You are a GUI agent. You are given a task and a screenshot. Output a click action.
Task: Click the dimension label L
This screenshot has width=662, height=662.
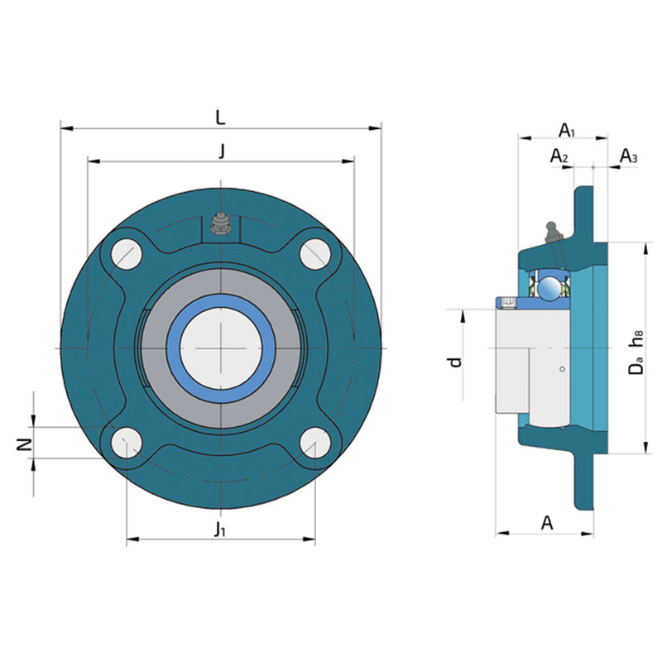pyautogui.click(x=220, y=118)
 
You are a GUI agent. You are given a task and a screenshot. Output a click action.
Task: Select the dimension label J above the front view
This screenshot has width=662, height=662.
pyautogui.click(x=221, y=151)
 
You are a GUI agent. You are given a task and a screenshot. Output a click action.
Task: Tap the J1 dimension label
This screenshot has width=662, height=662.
pyautogui.click(x=219, y=529)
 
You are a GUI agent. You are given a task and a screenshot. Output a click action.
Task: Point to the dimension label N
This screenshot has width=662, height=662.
pyautogui.click(x=25, y=444)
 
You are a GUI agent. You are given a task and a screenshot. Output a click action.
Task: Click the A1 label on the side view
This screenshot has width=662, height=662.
pyautogui.click(x=567, y=131)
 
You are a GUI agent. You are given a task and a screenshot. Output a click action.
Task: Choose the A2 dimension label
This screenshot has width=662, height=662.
pyautogui.click(x=559, y=156)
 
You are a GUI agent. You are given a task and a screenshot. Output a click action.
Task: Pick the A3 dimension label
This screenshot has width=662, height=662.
pyautogui.click(x=629, y=156)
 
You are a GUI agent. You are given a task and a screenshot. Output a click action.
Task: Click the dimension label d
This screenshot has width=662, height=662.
pyautogui.click(x=455, y=362)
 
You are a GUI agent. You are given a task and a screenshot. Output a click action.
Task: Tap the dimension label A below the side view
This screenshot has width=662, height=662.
pyautogui.click(x=547, y=523)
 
